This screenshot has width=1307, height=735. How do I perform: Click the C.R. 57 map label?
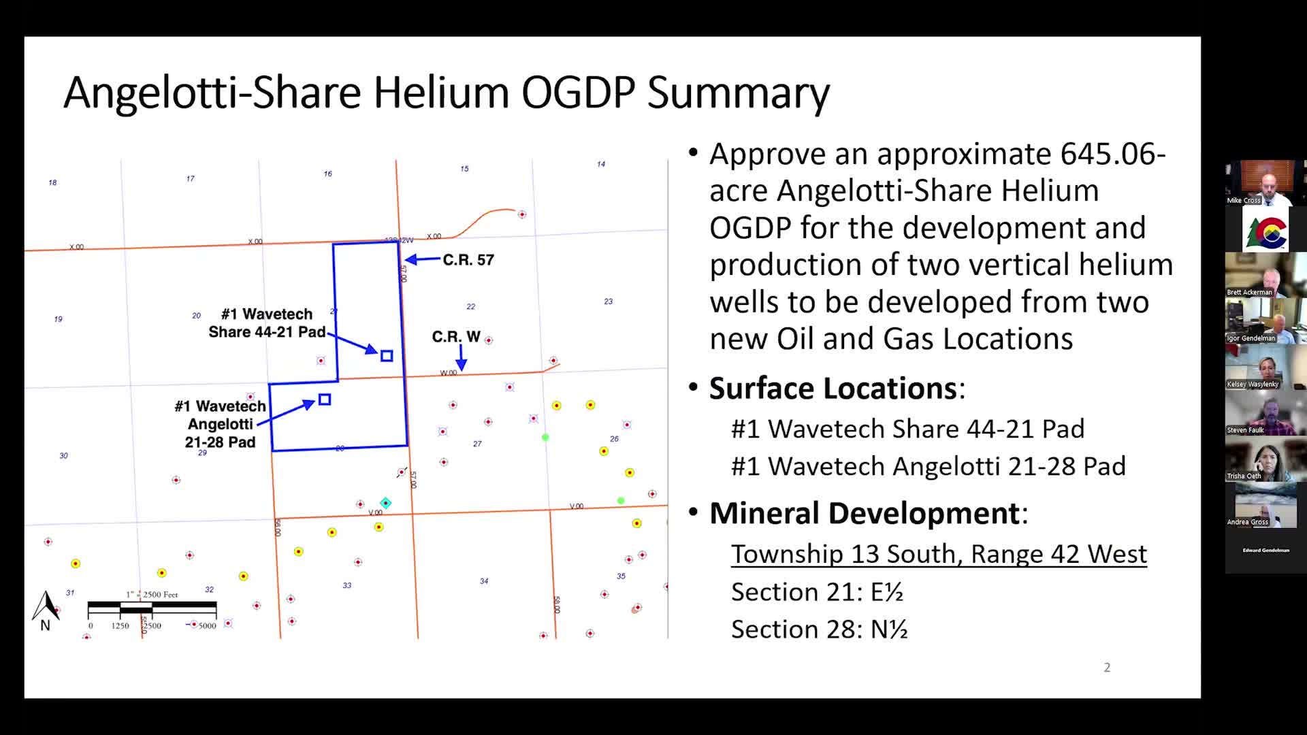(x=468, y=260)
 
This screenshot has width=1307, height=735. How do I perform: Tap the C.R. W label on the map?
(x=456, y=337)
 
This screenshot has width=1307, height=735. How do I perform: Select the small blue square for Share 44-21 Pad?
(x=387, y=356)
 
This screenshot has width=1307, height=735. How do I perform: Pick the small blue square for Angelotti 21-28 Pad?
(x=325, y=399)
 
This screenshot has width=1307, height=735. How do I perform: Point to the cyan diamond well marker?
(x=386, y=503)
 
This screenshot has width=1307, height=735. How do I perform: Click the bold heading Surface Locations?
(x=833, y=389)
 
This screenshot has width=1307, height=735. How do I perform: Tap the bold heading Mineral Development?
(x=864, y=513)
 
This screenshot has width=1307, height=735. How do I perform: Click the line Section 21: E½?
(x=817, y=592)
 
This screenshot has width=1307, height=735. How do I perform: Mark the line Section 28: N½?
(x=819, y=630)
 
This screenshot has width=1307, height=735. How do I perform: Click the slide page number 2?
(x=1107, y=668)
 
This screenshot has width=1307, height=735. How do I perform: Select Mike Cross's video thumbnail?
(x=1265, y=182)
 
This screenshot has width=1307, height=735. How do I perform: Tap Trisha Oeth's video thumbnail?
(x=1265, y=459)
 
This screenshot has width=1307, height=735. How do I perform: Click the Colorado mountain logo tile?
(x=1265, y=230)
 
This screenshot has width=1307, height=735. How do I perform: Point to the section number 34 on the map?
(x=484, y=581)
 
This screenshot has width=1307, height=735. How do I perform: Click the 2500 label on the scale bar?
(x=152, y=625)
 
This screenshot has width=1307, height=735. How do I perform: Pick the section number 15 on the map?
(x=464, y=169)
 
